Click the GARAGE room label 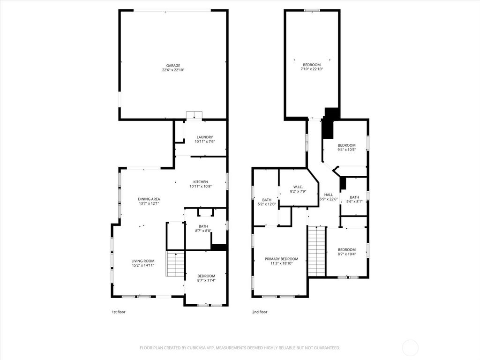point(173,66)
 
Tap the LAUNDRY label point(204,137)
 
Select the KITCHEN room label point(201,182)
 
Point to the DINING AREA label point(149,199)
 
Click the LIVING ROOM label point(142,261)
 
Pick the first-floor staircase point(176,264)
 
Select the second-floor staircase point(317,251)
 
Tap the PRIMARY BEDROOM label point(281,259)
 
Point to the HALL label point(329,195)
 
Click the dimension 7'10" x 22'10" point(312,69)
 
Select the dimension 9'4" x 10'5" point(346,150)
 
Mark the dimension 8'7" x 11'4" point(206,280)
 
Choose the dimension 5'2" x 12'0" point(267,204)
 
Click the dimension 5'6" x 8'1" point(354,202)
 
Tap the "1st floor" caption point(119,312)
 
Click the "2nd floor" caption point(260,312)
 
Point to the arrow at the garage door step point(194,116)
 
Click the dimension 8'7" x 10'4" point(347,254)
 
